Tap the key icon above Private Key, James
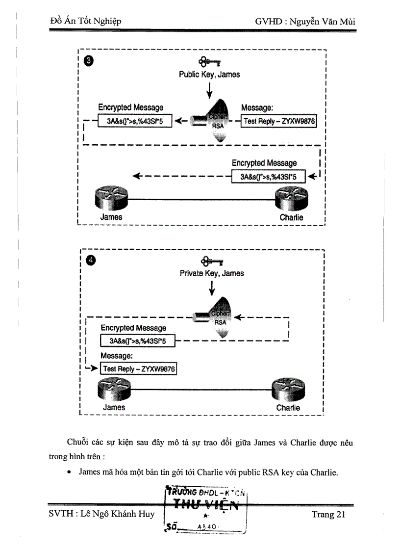(x=212, y=261)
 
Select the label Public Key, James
(x=209, y=75)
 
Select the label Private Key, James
(x=212, y=273)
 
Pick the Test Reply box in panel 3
(x=279, y=121)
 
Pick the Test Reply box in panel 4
(x=138, y=368)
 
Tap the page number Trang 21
(x=328, y=514)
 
